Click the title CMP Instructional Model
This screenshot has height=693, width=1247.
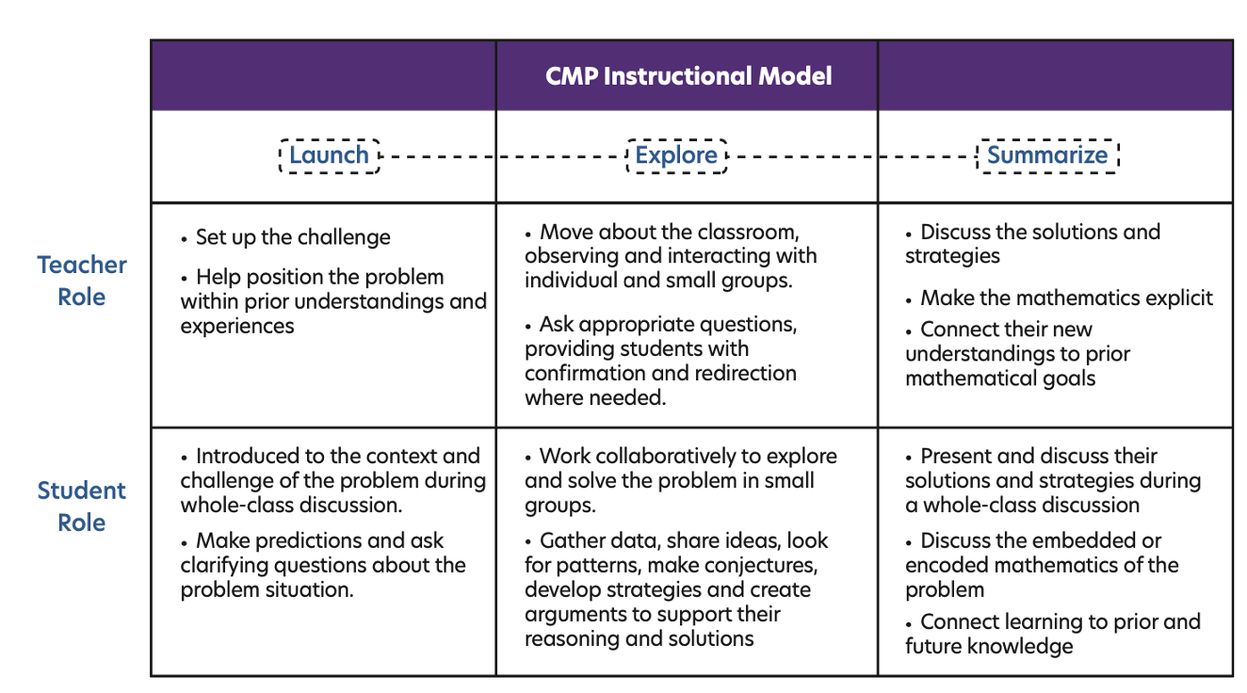click(688, 76)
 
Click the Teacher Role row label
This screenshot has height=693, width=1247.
click(82, 281)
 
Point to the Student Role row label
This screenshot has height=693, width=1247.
click(82, 507)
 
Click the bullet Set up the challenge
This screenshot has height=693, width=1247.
click(285, 237)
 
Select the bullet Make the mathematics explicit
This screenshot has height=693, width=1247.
click(1059, 298)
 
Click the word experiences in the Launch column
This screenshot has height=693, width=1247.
click(237, 326)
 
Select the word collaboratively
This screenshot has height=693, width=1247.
click(666, 457)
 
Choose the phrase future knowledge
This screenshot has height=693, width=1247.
click(989, 647)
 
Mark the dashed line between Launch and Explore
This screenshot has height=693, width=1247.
click(503, 156)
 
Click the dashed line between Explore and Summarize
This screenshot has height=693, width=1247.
click(851, 156)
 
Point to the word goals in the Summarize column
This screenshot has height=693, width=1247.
click(1069, 379)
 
